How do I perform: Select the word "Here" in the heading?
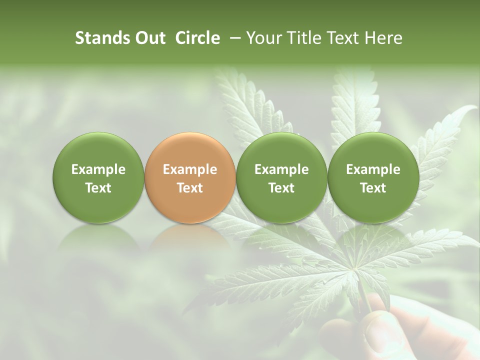383,38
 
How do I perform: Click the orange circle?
189,178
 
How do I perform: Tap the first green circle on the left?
98,178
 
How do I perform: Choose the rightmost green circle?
373,178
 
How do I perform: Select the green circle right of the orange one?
281,178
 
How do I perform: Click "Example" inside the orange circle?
189,169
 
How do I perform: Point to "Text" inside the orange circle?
189,188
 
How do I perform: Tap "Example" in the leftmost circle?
98,169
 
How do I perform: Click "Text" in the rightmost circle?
373,188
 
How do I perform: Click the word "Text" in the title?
346,38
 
